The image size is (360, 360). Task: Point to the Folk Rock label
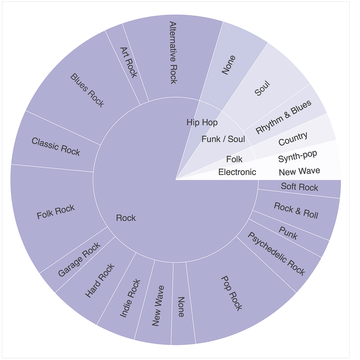56,211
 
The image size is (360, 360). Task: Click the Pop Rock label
231,293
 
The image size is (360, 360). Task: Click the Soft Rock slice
300,187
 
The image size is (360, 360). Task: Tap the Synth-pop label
298,156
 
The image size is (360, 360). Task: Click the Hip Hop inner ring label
202,122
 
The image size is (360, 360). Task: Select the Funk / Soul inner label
223,139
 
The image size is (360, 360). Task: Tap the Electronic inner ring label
237,172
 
